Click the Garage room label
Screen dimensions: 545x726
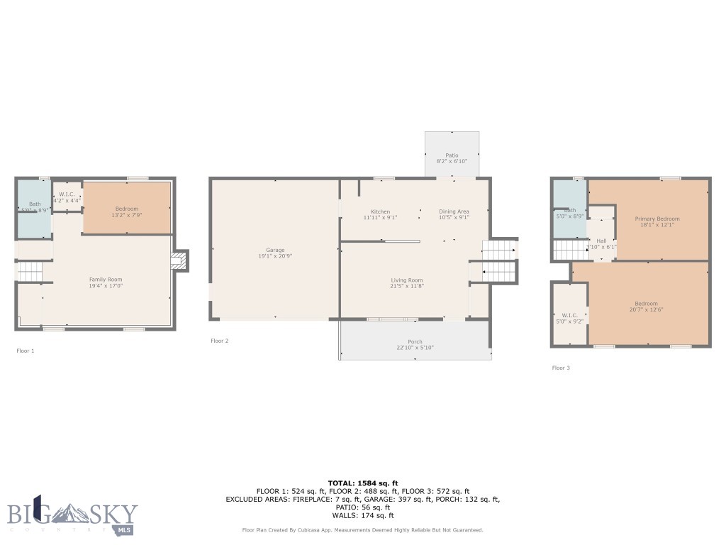pos(275,250)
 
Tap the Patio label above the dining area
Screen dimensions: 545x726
pos(452,155)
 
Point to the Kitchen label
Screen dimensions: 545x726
pos(380,211)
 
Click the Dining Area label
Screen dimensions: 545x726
pos(454,211)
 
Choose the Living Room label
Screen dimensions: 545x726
pos(406,280)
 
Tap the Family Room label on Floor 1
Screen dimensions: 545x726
pos(106,280)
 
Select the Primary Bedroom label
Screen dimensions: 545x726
pos(657,219)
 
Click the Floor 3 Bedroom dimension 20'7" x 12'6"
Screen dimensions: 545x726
pos(646,310)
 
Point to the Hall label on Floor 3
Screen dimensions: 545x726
pos(601,241)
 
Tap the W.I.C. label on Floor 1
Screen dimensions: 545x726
pos(67,194)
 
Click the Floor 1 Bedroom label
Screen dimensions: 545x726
pos(126,208)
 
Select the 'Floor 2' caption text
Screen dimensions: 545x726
pos(220,341)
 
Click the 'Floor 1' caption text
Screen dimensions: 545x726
pos(26,351)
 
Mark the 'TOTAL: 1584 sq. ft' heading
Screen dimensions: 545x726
pos(362,483)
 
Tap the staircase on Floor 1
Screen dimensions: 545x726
pos(30,271)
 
